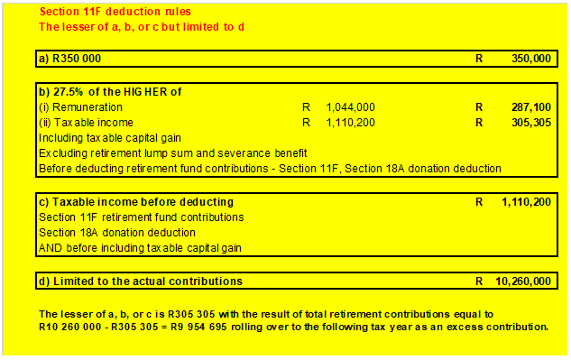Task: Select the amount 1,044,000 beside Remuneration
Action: [x=350, y=106]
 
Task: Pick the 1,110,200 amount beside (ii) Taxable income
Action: [x=350, y=123]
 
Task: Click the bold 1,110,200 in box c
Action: [x=526, y=201]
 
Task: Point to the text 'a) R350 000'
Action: [x=69, y=58]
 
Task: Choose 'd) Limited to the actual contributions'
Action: [x=140, y=281]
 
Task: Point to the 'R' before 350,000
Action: [x=479, y=58]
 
